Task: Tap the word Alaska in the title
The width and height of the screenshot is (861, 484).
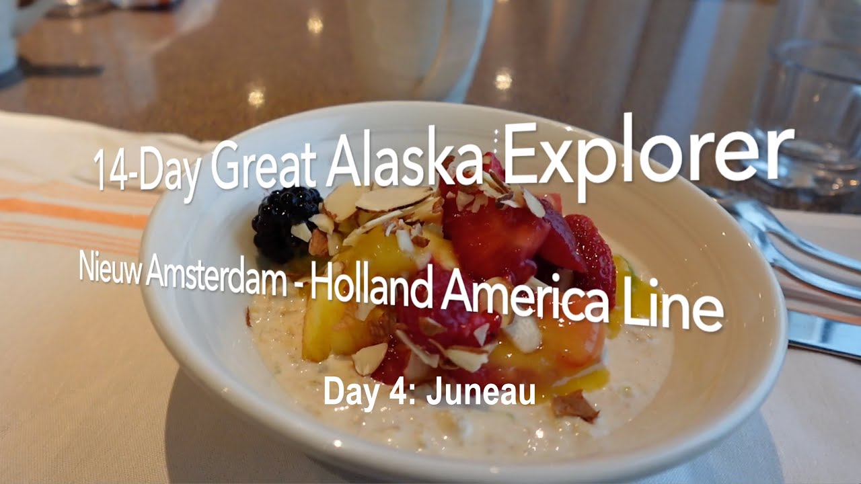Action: pos(404,165)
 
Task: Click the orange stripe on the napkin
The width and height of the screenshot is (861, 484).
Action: pos(74,212)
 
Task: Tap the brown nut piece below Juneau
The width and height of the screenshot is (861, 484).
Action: pos(575,406)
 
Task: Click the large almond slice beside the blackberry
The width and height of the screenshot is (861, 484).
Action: pos(394,199)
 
